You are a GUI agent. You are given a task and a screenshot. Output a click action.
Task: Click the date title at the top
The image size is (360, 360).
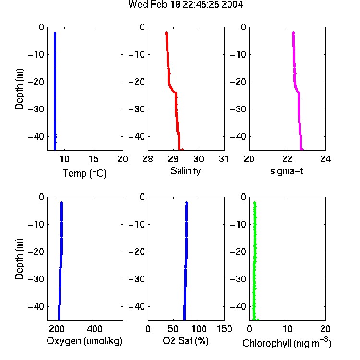(185, 4)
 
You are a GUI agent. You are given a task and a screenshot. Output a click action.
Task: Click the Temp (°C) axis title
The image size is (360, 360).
(84, 173)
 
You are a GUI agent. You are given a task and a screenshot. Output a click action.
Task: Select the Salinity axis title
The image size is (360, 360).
(185, 171)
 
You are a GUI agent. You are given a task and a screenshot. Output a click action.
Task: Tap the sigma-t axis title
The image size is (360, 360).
(287, 171)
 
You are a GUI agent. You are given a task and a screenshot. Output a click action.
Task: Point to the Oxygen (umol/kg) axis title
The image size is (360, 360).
(84, 341)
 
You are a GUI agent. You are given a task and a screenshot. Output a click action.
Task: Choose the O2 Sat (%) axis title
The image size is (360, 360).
(186, 341)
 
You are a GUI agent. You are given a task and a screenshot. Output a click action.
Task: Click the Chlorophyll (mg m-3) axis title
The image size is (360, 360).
(287, 343)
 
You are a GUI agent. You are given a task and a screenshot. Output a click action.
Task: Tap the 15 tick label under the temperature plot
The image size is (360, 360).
(94, 159)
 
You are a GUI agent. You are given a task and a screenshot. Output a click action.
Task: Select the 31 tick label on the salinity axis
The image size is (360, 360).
(224, 159)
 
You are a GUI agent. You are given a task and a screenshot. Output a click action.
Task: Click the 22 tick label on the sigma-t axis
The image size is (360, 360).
(288, 159)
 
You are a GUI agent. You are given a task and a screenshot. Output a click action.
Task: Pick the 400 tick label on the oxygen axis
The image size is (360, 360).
(95, 329)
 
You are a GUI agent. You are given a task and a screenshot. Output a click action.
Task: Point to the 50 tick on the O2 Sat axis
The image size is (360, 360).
(173, 329)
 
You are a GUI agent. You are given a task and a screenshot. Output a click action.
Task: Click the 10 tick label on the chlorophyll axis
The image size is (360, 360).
(288, 329)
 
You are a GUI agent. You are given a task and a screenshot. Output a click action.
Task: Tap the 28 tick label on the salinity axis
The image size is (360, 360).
(148, 159)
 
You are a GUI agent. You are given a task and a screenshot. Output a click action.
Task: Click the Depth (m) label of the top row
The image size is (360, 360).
(19, 89)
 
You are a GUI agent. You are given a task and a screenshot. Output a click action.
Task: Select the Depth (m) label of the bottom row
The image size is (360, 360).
(19, 259)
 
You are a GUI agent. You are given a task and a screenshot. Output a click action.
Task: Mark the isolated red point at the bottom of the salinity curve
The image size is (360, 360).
(182, 149)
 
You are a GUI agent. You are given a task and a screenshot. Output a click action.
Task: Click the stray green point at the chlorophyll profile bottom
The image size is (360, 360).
(258, 319)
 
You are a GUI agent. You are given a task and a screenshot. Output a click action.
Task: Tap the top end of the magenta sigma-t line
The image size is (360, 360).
(293, 33)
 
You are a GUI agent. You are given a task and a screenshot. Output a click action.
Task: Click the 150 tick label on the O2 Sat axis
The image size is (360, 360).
(224, 329)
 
